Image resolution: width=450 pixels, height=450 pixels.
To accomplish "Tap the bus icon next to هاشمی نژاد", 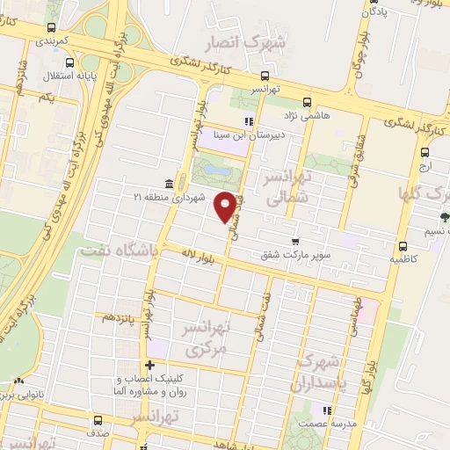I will pyautogui.click(x=305, y=101).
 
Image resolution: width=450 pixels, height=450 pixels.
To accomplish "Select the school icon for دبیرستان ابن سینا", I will pyautogui.click(x=250, y=120).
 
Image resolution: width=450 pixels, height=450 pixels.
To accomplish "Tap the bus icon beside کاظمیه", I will pyautogui.click(x=402, y=246).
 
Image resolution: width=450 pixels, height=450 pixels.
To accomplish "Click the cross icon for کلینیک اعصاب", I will pyautogui.click(x=150, y=365).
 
